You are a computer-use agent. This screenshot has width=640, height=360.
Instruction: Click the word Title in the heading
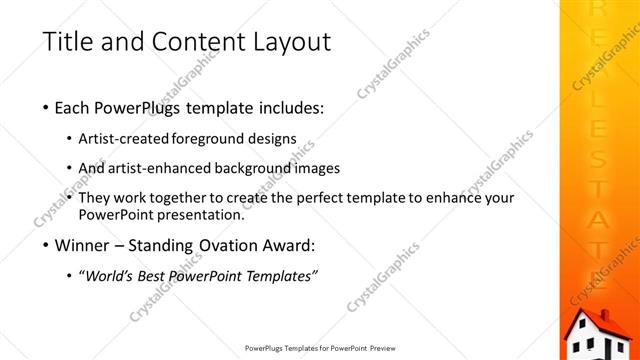pos(68,43)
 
